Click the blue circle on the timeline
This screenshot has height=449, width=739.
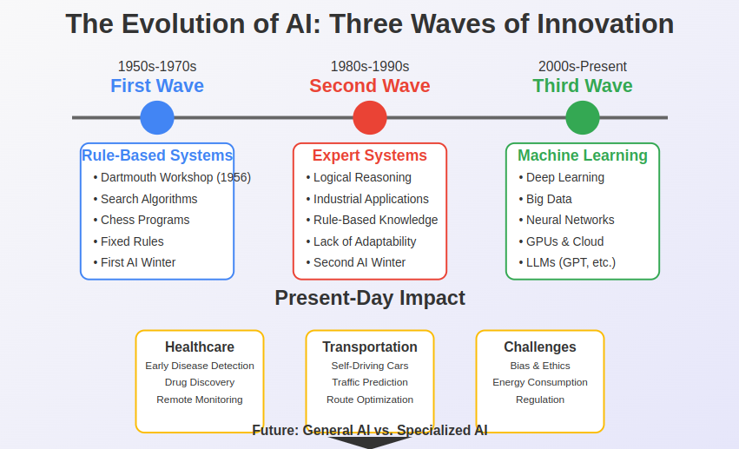pos(157,117)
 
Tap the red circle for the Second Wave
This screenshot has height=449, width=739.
pos(370,117)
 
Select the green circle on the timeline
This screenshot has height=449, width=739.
pos(583,117)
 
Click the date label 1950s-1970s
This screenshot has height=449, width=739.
pos(157,66)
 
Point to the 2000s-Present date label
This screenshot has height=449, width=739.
pos(583,66)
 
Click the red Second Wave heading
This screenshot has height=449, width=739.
pos(370,86)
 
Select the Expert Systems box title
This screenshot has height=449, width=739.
pos(370,155)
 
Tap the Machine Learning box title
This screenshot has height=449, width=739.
pos(583,155)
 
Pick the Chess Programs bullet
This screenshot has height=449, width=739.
pos(145,220)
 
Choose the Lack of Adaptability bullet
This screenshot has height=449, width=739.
pos(365,241)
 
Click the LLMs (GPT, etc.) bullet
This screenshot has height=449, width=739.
pos(571,262)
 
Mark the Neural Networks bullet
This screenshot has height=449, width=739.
pos(570,220)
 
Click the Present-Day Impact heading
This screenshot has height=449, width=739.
pos(370,298)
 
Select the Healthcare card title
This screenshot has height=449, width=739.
pos(200,347)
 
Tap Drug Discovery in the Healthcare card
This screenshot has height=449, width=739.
pos(200,382)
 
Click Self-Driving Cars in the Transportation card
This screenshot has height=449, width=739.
pos(370,366)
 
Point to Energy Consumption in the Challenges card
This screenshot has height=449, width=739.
pos(540,382)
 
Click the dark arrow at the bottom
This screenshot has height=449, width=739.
pos(370,443)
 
